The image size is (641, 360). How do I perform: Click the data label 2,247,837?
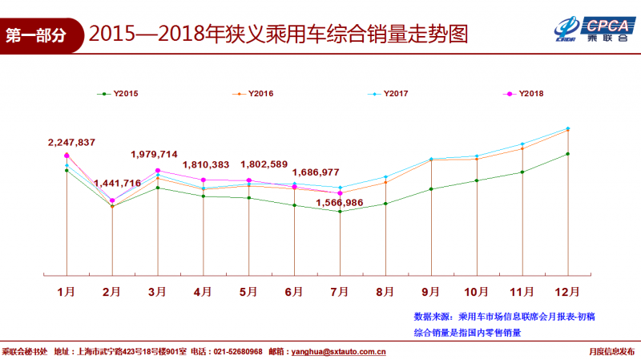[71, 143]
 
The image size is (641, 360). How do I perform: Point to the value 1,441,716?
[117, 184]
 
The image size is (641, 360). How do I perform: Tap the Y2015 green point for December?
[568, 154]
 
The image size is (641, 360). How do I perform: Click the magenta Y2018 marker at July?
[341, 193]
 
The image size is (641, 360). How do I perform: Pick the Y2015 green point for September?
[431, 189]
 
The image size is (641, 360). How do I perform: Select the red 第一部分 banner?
[40, 35]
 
